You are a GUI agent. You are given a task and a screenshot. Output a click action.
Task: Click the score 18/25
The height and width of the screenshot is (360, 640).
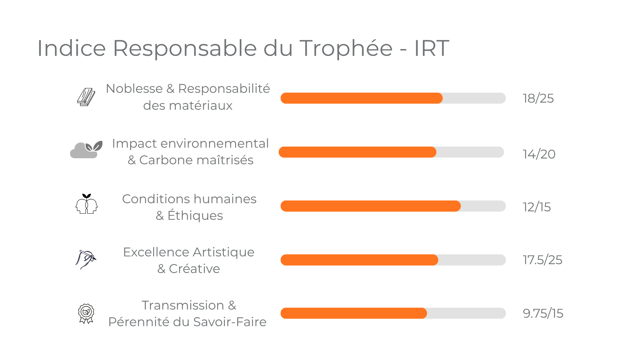coord(538,98)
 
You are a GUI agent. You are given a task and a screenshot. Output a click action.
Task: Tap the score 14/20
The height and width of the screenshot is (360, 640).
coord(539,154)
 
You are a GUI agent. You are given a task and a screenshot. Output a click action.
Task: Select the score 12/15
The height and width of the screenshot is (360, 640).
coord(537,207)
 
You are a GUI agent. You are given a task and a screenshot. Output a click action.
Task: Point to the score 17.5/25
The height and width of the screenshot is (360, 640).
coord(542,260)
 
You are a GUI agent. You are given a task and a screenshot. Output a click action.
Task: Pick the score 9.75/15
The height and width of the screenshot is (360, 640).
coord(543,313)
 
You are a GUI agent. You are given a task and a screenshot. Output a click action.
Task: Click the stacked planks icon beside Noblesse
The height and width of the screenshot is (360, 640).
coord(86,97)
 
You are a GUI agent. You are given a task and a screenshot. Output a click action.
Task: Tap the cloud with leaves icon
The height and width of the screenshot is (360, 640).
coord(86,150)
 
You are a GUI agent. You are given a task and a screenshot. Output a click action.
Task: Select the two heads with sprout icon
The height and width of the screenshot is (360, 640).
coord(86,204)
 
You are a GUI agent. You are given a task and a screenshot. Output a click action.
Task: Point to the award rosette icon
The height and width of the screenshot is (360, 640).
coord(86,313)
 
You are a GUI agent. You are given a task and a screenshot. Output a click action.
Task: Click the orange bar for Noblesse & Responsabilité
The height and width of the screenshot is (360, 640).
coord(361,98)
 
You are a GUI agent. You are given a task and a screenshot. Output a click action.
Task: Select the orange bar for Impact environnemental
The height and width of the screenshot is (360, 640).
coord(357,152)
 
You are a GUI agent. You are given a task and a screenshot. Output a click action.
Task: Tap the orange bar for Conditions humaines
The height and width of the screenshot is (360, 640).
coord(370,206)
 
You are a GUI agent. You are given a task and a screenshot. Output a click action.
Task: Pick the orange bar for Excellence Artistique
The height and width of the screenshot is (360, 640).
coord(359,260)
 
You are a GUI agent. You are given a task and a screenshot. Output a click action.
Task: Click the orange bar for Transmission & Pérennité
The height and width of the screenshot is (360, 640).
coord(354,313)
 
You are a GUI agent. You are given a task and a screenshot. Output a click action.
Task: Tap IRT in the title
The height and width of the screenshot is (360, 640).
coord(431,48)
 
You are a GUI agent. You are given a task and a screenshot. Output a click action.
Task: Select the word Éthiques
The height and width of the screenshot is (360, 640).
coord(195,216)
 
